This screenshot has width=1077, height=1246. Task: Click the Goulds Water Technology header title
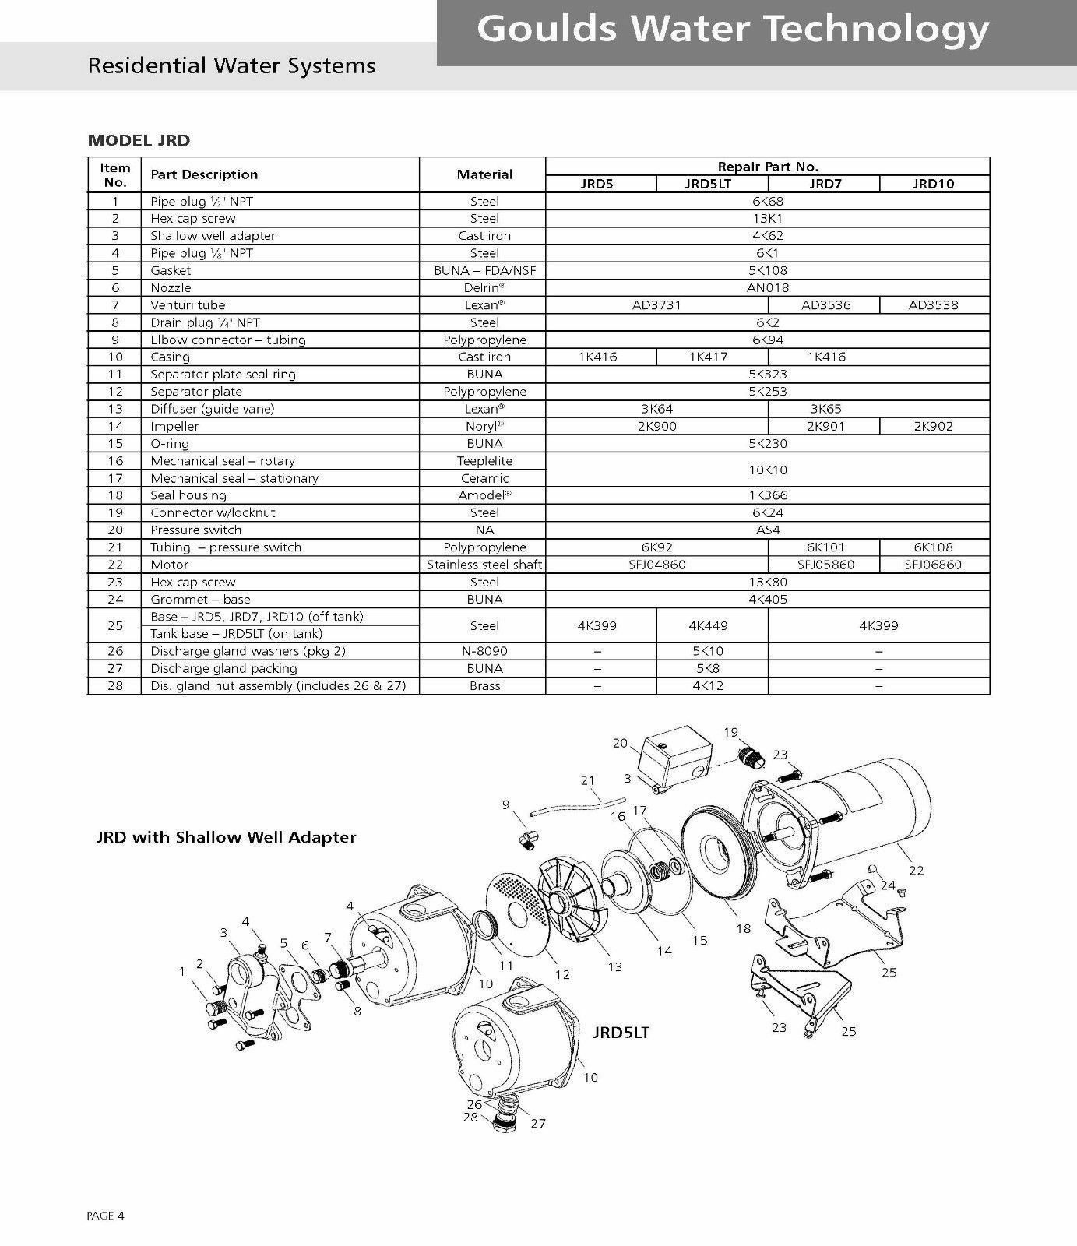[x=732, y=30]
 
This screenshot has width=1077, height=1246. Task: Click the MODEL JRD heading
[x=139, y=141]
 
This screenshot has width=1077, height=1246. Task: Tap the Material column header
[x=484, y=174]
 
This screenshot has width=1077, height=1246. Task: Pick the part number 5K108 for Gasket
[x=767, y=270]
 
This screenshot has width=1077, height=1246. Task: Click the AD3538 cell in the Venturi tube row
[x=934, y=305]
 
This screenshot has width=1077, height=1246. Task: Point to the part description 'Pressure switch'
[x=195, y=530]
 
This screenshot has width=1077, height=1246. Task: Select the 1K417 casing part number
[x=709, y=357]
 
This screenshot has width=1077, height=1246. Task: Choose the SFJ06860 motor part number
[x=933, y=565]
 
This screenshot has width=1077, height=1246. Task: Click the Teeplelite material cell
[x=484, y=461]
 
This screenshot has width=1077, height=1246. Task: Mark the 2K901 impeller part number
[x=825, y=426]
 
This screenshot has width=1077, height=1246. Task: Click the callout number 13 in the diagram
[x=615, y=966]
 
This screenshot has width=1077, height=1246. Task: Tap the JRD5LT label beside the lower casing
[x=620, y=1033]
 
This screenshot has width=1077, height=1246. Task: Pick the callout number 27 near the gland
[x=538, y=1123]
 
